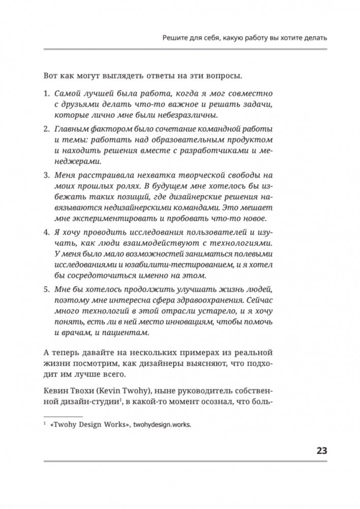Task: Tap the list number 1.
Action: point(45,94)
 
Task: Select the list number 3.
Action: point(45,174)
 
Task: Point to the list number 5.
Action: point(45,288)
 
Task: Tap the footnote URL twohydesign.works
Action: point(161,427)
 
